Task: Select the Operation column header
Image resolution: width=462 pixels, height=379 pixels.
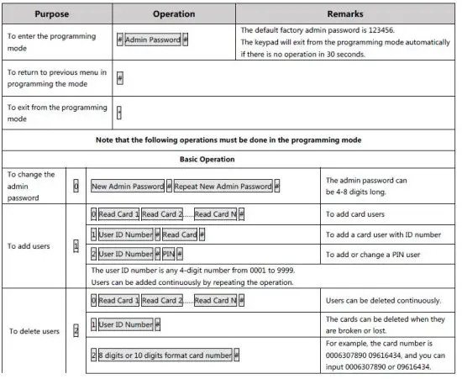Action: coord(173,14)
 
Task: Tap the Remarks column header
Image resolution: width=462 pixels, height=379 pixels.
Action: coord(346,14)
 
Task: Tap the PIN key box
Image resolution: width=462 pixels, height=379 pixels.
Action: coord(168,253)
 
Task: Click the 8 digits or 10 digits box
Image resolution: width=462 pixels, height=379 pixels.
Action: coord(165,355)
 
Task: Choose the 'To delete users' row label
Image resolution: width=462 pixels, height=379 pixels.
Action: coord(34,332)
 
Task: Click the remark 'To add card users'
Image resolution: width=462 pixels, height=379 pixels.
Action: coord(359,214)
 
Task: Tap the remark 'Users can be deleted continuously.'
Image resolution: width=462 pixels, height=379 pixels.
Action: coord(382,300)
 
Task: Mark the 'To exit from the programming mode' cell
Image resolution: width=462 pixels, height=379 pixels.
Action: coord(56,113)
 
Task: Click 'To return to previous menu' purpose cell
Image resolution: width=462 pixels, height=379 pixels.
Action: coord(56,77)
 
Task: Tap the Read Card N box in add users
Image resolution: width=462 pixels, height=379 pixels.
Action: coord(214,214)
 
